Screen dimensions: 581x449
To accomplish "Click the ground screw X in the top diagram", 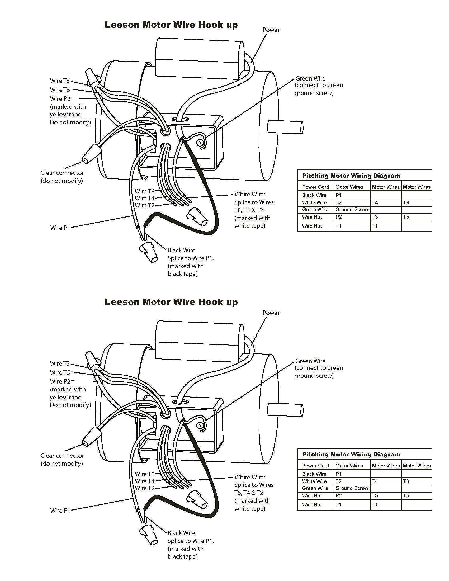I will click(200, 143).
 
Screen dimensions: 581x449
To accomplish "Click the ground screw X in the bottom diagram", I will click(200, 426).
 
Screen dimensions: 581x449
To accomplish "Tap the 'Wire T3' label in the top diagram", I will click(60, 81).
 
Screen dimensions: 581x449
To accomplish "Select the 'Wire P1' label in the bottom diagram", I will click(60, 510).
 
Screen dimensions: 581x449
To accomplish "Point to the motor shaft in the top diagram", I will click(285, 127).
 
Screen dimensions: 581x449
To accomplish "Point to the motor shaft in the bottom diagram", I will click(285, 410).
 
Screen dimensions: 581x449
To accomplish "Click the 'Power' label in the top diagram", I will click(271, 30).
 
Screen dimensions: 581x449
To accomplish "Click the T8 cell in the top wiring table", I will click(406, 202).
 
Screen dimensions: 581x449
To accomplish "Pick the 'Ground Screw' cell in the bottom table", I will click(352, 488).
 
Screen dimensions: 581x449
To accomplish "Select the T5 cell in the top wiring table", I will click(406, 217).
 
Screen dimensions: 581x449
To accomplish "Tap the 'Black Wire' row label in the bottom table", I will click(314, 474).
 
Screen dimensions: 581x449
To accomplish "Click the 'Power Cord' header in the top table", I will click(315, 187).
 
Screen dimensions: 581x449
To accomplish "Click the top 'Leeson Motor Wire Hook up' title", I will click(171, 25).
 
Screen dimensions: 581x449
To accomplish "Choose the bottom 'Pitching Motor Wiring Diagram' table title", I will click(351, 454).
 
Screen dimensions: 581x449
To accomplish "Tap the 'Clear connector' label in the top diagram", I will click(62, 173).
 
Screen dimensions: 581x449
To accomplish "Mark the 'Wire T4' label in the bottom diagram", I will click(144, 481).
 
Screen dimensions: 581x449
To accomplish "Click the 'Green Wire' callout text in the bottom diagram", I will click(310, 361).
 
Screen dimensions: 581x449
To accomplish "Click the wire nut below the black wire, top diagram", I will click(149, 252).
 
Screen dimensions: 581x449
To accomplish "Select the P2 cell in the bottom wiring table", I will click(339, 496).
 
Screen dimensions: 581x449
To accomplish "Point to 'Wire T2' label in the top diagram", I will click(144, 205).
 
